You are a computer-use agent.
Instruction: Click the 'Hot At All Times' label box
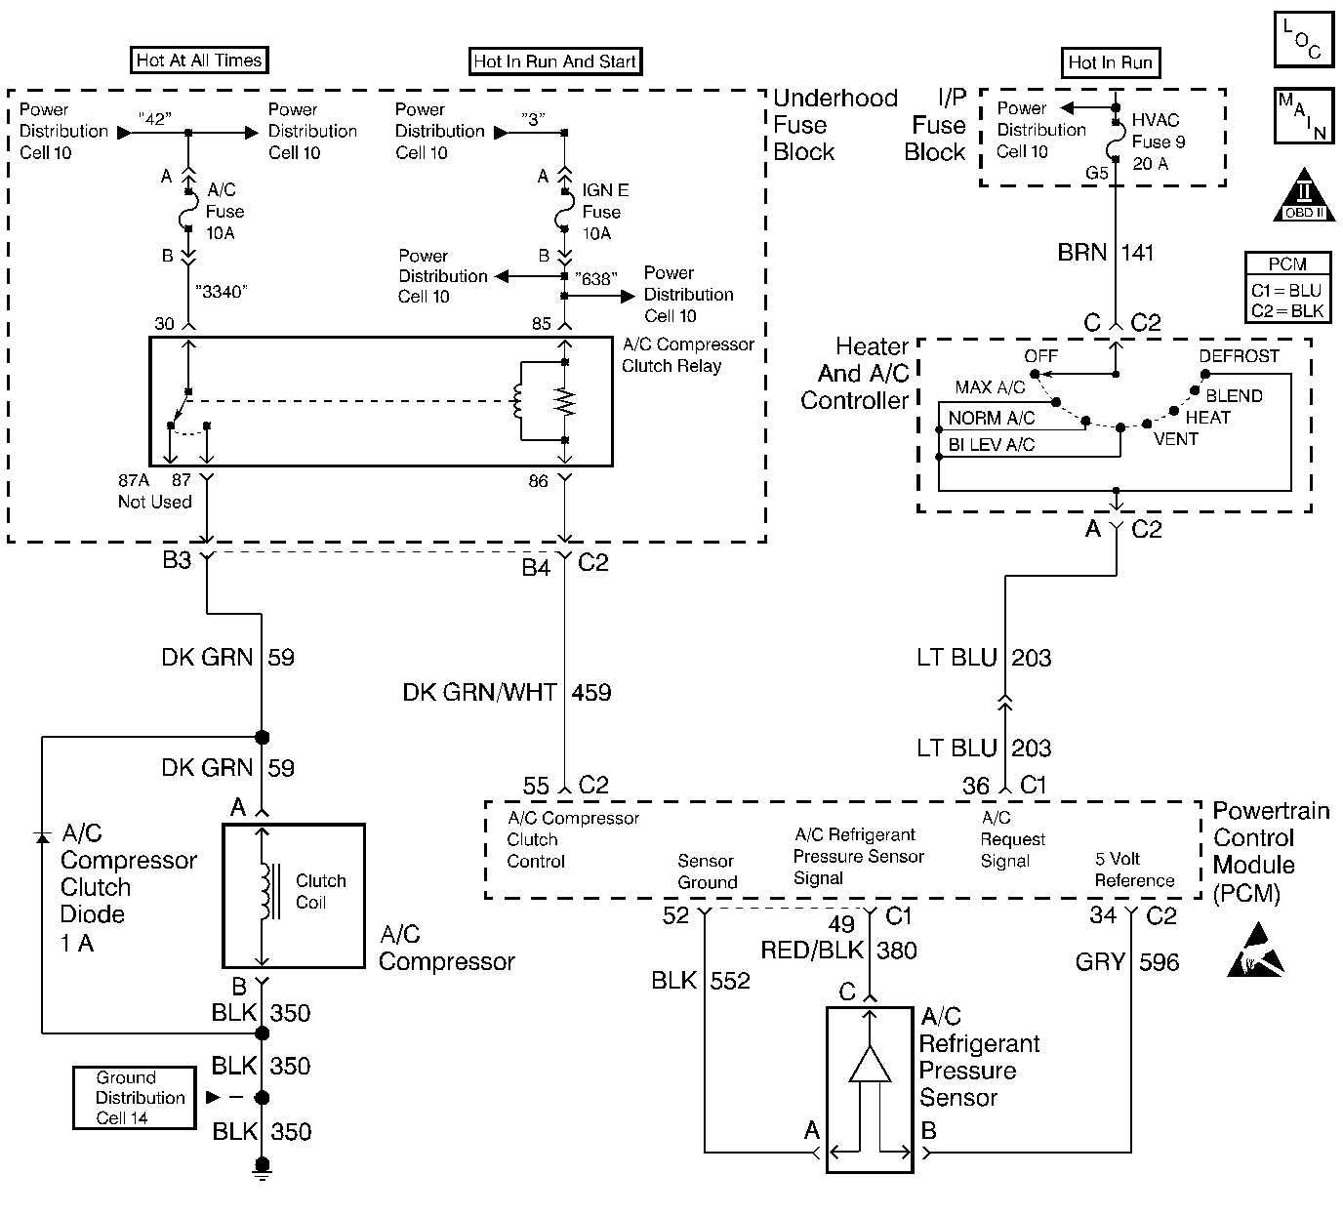click(199, 61)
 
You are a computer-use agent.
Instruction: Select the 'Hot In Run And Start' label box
click(554, 61)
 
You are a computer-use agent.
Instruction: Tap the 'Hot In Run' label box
click(1110, 63)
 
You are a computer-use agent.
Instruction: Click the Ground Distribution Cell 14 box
click(135, 1098)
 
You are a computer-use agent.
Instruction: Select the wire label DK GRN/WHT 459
click(507, 693)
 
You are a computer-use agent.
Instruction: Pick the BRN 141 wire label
click(1106, 254)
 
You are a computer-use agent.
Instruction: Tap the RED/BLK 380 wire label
click(838, 951)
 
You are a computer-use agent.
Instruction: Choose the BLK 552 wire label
click(701, 981)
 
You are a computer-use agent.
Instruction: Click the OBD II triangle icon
click(1304, 199)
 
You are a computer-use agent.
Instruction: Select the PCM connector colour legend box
click(1287, 287)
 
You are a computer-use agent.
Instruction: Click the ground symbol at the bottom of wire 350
click(262, 1166)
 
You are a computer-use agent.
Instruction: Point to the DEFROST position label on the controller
click(1239, 356)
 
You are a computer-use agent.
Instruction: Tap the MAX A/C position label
click(990, 387)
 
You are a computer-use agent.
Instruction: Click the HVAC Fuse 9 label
click(1158, 142)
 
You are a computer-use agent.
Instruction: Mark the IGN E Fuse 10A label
click(605, 212)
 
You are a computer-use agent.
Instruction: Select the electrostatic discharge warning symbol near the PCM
click(1255, 957)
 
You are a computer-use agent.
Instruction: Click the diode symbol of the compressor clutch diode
click(42, 837)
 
